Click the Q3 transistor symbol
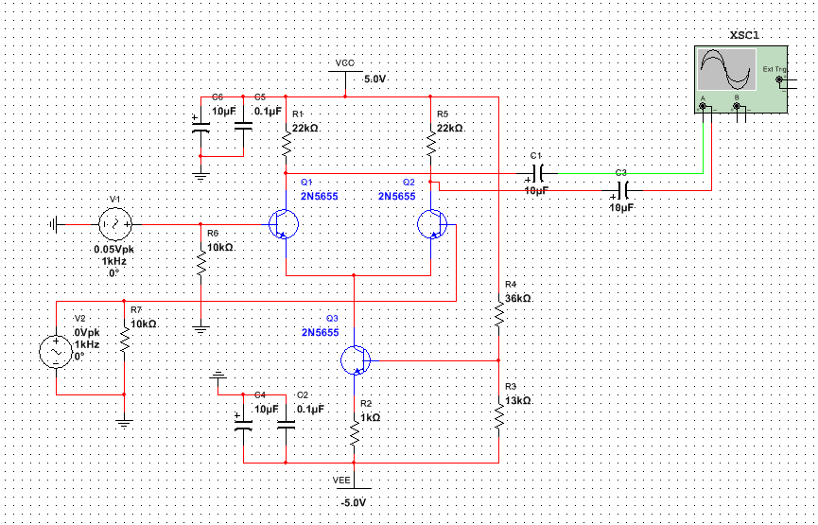click(x=354, y=360)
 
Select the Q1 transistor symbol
click(x=284, y=224)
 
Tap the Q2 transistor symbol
click(x=431, y=224)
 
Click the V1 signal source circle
click(x=114, y=224)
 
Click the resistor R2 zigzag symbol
click(x=354, y=433)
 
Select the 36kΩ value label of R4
click(x=518, y=298)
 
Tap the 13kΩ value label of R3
click(x=518, y=400)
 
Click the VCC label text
click(x=344, y=63)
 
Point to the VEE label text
click(x=341, y=481)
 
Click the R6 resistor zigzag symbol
click(x=201, y=264)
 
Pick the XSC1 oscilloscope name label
click(x=744, y=35)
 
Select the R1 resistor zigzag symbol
click(x=286, y=145)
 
